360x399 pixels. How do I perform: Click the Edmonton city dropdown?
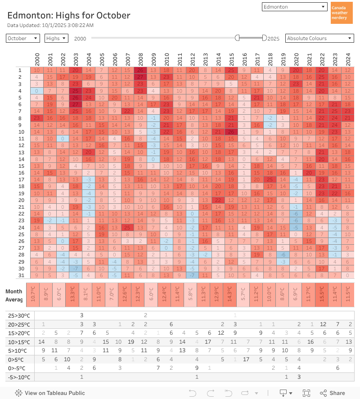pyautogui.click(x=294, y=7)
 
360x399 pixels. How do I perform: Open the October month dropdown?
pyautogui.click(x=23, y=39)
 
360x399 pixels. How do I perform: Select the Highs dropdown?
pyautogui.click(x=56, y=39)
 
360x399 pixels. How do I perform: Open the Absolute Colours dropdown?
pyautogui.click(x=319, y=39)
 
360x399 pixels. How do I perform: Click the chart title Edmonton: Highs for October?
pyautogui.click(x=69, y=15)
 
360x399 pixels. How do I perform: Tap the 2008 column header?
pyautogui.click(x=141, y=59)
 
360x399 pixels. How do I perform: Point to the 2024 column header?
pyautogui.click(x=348, y=59)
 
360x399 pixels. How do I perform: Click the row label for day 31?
pyautogui.click(x=20, y=275)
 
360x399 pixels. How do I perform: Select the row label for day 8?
pyautogui.click(x=20, y=118)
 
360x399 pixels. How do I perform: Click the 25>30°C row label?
pyautogui.click(x=20, y=315)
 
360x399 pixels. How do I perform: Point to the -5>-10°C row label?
pyautogui.click(x=20, y=377)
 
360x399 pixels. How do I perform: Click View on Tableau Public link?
pyautogui.click(x=50, y=393)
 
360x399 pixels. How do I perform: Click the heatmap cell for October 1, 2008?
pyautogui.click(x=141, y=70)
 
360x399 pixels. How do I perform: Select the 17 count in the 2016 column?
pyautogui.click(x=246, y=359)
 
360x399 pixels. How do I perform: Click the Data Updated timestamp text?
pyautogui.click(x=50, y=25)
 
